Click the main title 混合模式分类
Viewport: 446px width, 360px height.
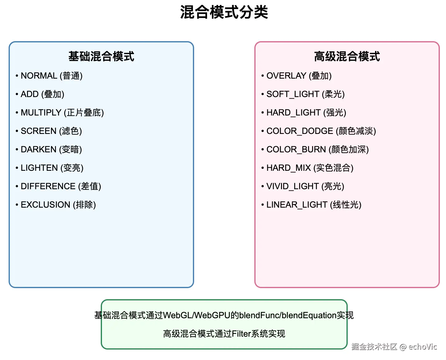point(224,13)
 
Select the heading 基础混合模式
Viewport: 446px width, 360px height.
point(101,57)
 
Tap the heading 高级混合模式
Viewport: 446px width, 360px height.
point(347,57)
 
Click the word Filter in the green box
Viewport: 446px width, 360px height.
point(241,334)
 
